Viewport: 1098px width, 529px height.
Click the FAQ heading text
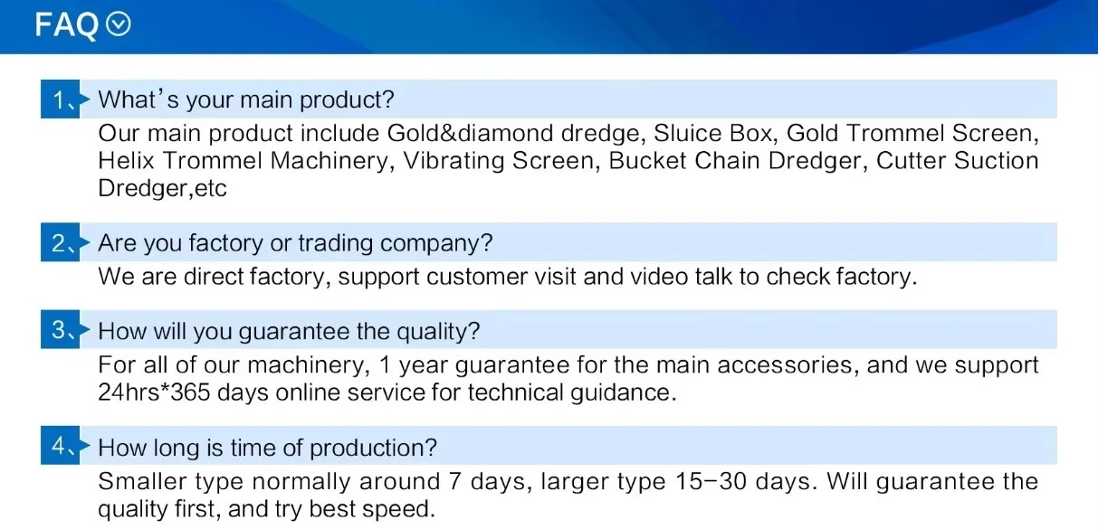point(66,25)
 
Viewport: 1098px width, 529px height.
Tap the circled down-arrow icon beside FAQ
point(119,24)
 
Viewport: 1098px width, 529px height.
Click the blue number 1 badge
point(61,99)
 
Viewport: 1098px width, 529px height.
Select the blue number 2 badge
point(61,242)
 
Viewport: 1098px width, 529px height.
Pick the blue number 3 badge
point(61,329)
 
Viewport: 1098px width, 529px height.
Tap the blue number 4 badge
point(61,445)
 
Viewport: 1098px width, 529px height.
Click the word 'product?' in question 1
point(347,100)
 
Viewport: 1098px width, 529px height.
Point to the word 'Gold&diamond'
point(470,133)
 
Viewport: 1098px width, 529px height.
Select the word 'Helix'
point(126,161)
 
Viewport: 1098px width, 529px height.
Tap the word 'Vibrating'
point(454,161)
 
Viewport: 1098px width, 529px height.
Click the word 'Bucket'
point(647,161)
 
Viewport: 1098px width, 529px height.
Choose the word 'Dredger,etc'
point(162,189)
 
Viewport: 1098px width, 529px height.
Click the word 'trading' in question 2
point(335,243)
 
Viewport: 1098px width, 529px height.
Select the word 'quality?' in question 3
point(438,332)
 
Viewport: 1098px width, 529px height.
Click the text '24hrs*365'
point(154,392)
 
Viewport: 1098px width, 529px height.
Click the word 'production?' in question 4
point(373,449)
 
